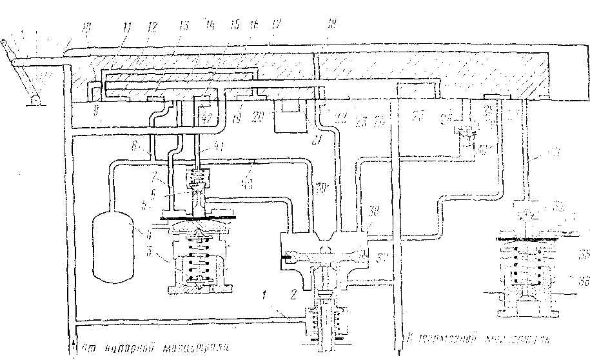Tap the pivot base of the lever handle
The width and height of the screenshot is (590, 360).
pos(33,98)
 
